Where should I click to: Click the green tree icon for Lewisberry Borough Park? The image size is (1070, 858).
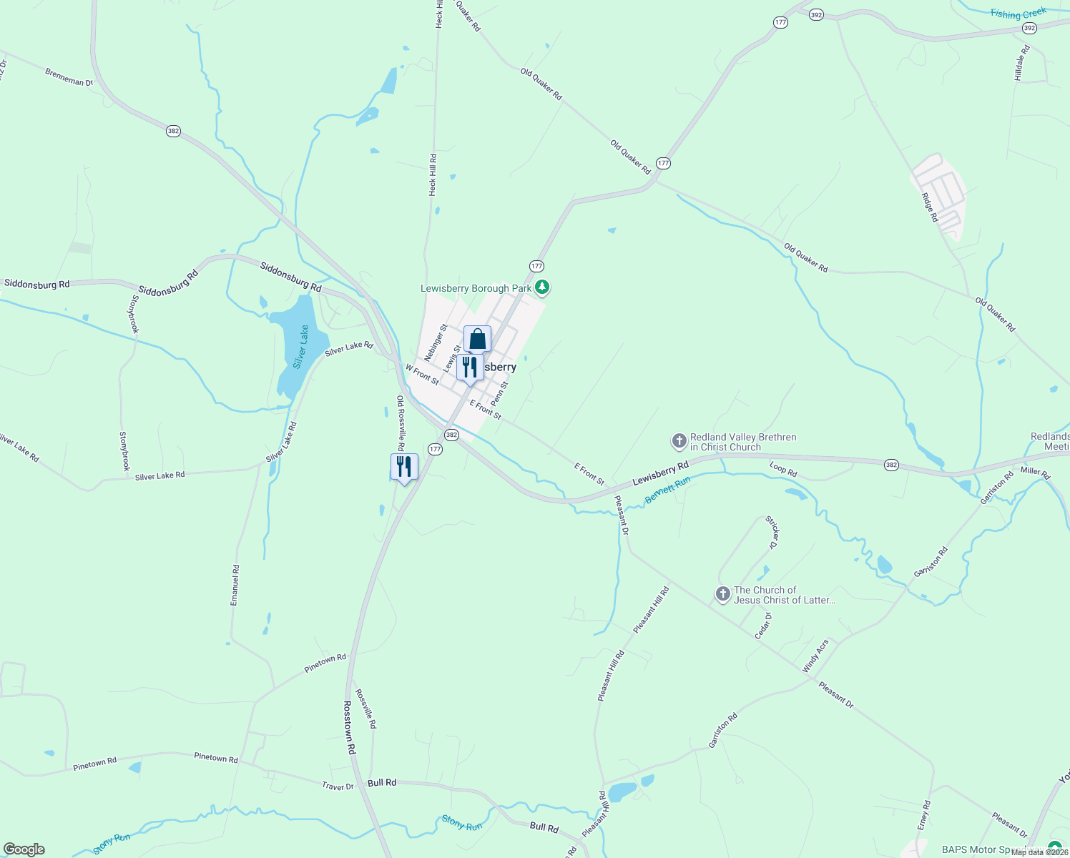click(543, 287)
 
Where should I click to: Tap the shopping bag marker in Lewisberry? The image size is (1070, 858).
click(477, 339)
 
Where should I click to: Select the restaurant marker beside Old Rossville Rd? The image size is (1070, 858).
click(404, 467)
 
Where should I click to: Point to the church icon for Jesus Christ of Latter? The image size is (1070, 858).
click(722, 594)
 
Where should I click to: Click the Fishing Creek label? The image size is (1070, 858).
click(1019, 14)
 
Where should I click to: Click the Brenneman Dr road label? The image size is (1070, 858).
click(69, 77)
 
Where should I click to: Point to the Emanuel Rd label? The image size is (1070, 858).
click(235, 585)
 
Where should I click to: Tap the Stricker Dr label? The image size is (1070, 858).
click(772, 532)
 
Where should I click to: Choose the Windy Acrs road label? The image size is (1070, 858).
click(815, 656)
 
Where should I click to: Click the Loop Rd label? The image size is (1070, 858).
click(783, 470)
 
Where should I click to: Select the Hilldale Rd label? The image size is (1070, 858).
click(1022, 63)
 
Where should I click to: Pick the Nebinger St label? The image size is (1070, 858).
click(435, 342)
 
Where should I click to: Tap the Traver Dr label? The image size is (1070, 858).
click(338, 786)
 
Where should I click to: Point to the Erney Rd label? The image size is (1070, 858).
click(924, 815)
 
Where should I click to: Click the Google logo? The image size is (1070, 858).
click(24, 849)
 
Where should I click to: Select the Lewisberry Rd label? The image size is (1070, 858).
click(660, 473)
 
